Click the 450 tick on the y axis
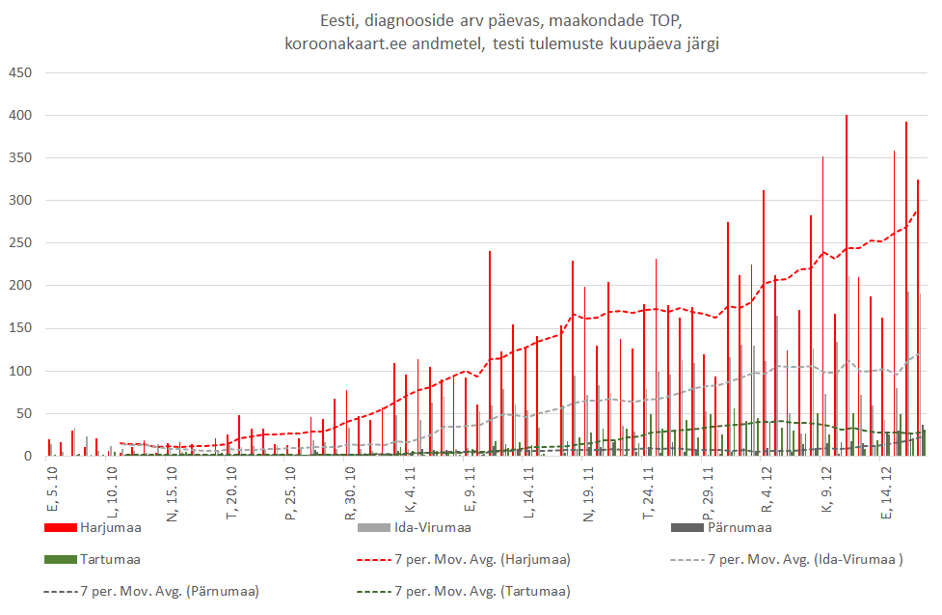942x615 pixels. click(19, 73)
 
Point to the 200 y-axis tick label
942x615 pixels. click(19, 286)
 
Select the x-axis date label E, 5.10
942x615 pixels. click(52, 493)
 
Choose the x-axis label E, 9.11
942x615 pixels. click(469, 493)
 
